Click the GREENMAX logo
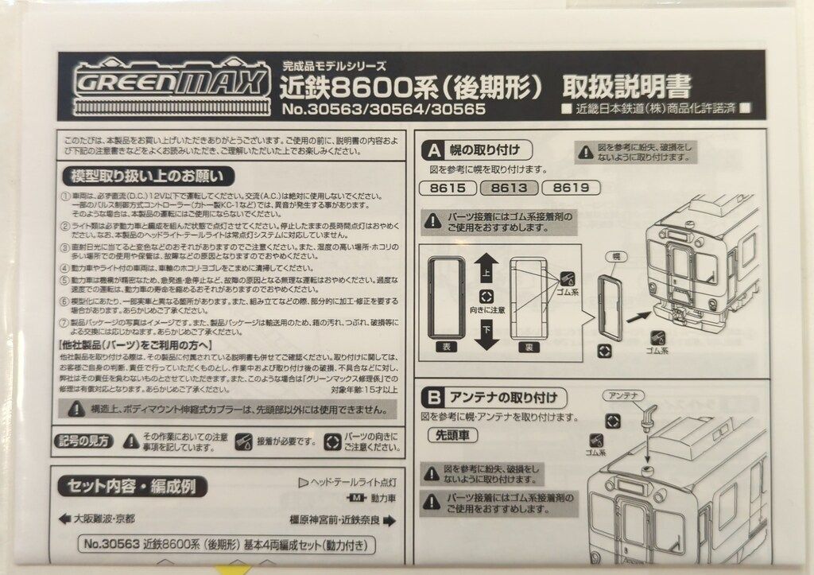click(172, 82)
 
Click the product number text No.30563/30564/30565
click(383, 110)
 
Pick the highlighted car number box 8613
click(509, 188)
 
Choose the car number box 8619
click(570, 188)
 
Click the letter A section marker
click(435, 150)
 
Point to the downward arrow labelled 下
click(486, 336)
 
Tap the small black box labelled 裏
click(527, 348)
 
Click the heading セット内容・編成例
click(126, 486)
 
